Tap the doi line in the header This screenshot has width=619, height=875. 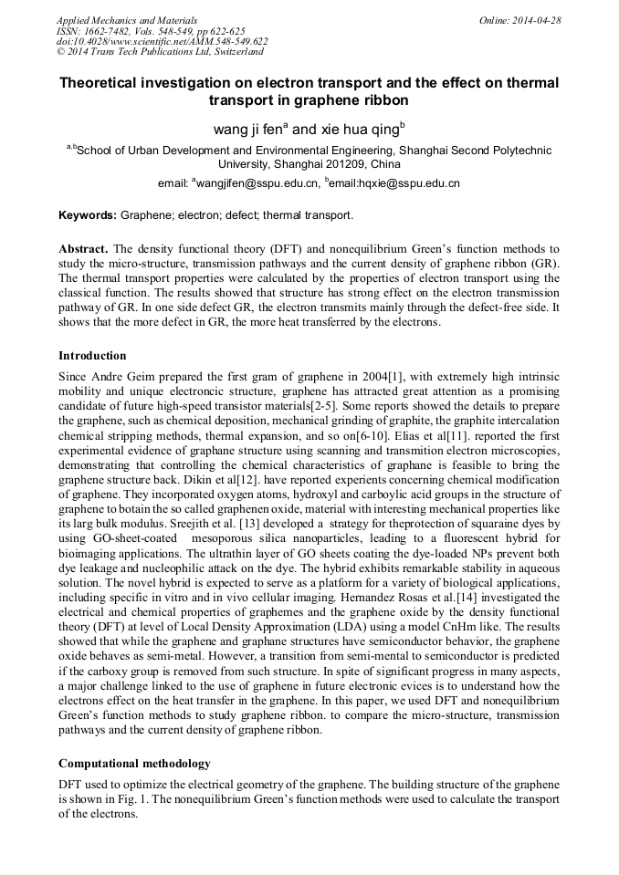[x=163, y=42]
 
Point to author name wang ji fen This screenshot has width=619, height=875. [x=248, y=130]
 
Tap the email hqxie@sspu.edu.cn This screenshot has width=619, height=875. [x=405, y=183]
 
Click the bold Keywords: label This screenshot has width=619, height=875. [x=88, y=216]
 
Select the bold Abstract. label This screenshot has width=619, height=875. [x=84, y=249]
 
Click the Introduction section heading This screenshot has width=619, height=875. [x=92, y=355]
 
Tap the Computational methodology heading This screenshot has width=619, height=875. [x=134, y=763]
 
